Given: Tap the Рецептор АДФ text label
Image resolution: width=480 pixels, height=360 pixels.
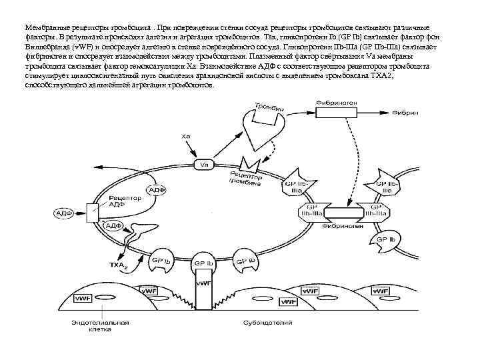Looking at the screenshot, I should click(x=125, y=202).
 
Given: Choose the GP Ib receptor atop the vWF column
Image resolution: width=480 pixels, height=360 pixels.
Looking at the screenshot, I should click(x=203, y=263).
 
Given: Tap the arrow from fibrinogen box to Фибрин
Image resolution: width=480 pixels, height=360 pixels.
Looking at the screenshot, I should click(x=383, y=113).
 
